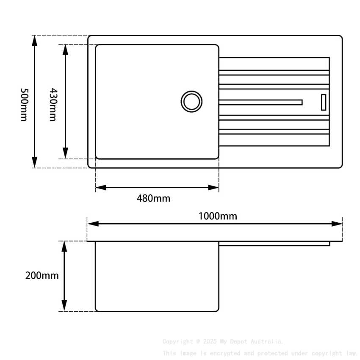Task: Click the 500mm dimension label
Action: click(24, 105)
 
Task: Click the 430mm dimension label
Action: click(53, 105)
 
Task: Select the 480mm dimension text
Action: click(153, 198)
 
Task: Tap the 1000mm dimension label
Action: click(218, 216)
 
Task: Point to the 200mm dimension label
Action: click(42, 276)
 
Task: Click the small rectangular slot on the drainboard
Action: click(324, 102)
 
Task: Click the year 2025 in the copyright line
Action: click(210, 341)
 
